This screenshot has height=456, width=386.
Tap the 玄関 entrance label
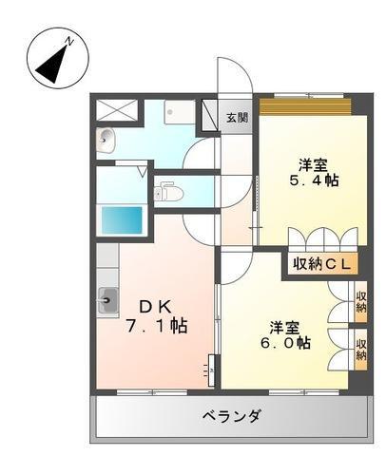(x=237, y=118)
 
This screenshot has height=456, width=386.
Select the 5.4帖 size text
(x=314, y=180)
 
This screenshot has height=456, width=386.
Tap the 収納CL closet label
(x=319, y=263)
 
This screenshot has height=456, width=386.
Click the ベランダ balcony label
(x=232, y=415)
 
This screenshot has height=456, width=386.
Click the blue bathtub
(x=122, y=219)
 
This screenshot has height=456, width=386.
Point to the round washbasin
(x=106, y=142)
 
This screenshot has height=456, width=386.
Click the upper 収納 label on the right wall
(x=361, y=301)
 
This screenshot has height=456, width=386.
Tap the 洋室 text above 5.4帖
(x=314, y=161)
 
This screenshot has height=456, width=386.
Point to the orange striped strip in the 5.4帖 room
(x=306, y=105)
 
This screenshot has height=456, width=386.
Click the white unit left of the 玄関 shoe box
(x=177, y=112)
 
